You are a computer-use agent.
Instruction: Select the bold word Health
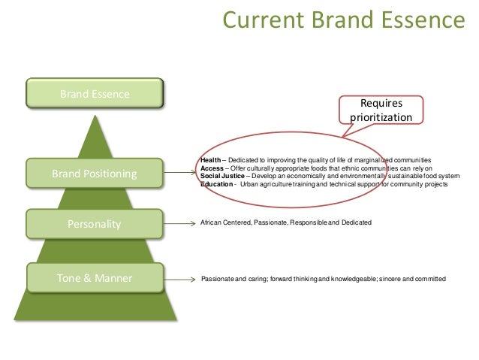click(x=211, y=160)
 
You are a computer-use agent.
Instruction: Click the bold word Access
click(x=212, y=168)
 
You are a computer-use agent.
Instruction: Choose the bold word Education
click(x=216, y=184)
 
